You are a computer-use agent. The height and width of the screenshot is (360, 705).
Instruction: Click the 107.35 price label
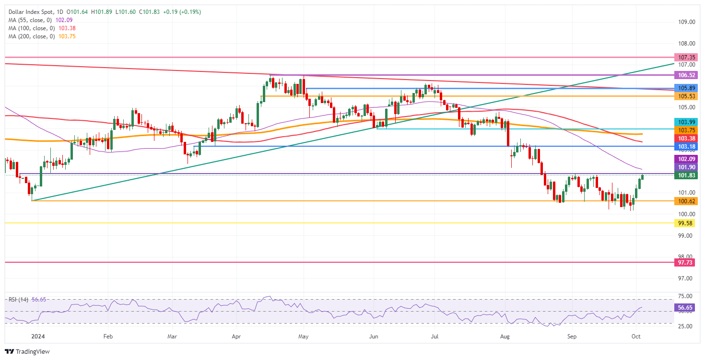pyautogui.click(x=687, y=57)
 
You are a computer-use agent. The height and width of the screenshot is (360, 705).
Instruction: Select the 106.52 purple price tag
pyautogui.click(x=687, y=75)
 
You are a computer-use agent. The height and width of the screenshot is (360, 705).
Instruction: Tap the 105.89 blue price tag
pyautogui.click(x=687, y=88)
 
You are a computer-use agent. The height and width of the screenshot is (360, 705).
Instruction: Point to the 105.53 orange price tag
pyautogui.click(x=687, y=96)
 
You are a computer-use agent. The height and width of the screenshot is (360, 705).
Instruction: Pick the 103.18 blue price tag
pyautogui.click(x=687, y=146)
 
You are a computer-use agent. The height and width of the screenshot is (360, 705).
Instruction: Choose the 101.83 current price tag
pyautogui.click(x=687, y=175)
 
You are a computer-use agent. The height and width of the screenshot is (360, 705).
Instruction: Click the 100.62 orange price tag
pyautogui.click(x=687, y=201)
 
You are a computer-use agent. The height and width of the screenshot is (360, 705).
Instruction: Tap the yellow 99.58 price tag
pyautogui.click(x=687, y=223)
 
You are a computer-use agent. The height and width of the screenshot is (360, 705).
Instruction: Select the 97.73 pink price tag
pyautogui.click(x=687, y=263)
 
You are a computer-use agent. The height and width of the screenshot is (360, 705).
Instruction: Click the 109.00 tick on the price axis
pyautogui.click(x=687, y=22)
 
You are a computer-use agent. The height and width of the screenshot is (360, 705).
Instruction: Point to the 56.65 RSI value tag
pyautogui.click(x=687, y=307)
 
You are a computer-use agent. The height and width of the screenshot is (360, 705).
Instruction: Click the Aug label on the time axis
pyautogui.click(x=505, y=337)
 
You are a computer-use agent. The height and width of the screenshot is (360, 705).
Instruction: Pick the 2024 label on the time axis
pyautogui.click(x=35, y=337)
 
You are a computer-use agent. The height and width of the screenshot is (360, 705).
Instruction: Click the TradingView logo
pyautogui.click(x=27, y=351)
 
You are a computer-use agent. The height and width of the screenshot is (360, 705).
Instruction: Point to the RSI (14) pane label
pyautogui.click(x=17, y=299)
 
